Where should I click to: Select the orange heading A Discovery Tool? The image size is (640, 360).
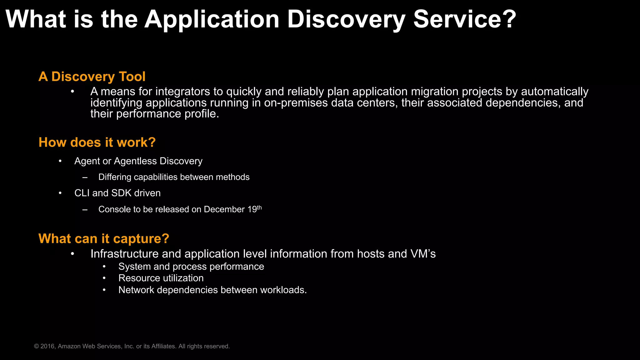[92, 77]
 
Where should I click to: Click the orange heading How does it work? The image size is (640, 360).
[97, 142]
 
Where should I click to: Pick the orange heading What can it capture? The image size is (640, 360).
[104, 239]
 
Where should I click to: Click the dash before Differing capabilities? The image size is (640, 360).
[85, 177]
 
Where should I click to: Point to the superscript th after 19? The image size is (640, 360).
[259, 207]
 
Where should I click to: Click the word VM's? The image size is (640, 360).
[423, 254]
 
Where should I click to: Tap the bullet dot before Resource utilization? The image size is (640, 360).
[104, 278]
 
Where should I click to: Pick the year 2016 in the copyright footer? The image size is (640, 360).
[47, 346]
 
